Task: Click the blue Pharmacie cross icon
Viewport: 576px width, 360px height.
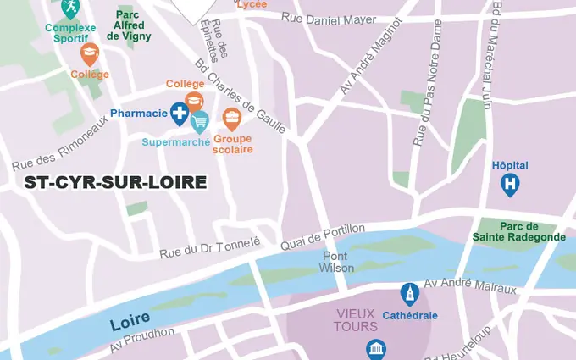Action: click(x=180, y=113)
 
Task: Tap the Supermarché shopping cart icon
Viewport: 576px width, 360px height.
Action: click(x=199, y=123)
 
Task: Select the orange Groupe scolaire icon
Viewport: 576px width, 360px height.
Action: click(x=232, y=119)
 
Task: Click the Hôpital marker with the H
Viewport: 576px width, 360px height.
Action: click(x=510, y=183)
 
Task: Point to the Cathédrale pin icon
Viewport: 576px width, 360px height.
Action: click(x=410, y=295)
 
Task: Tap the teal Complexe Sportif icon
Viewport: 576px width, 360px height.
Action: click(x=70, y=8)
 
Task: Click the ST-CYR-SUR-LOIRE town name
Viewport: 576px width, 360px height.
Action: click(x=115, y=182)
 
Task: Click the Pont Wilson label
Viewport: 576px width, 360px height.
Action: click(x=336, y=262)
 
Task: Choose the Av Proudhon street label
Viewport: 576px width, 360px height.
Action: click(x=141, y=341)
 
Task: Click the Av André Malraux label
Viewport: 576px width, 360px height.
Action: click(x=470, y=285)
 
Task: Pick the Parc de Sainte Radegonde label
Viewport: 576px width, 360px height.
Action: click(x=533, y=231)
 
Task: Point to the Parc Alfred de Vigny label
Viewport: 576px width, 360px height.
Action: click(x=130, y=25)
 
